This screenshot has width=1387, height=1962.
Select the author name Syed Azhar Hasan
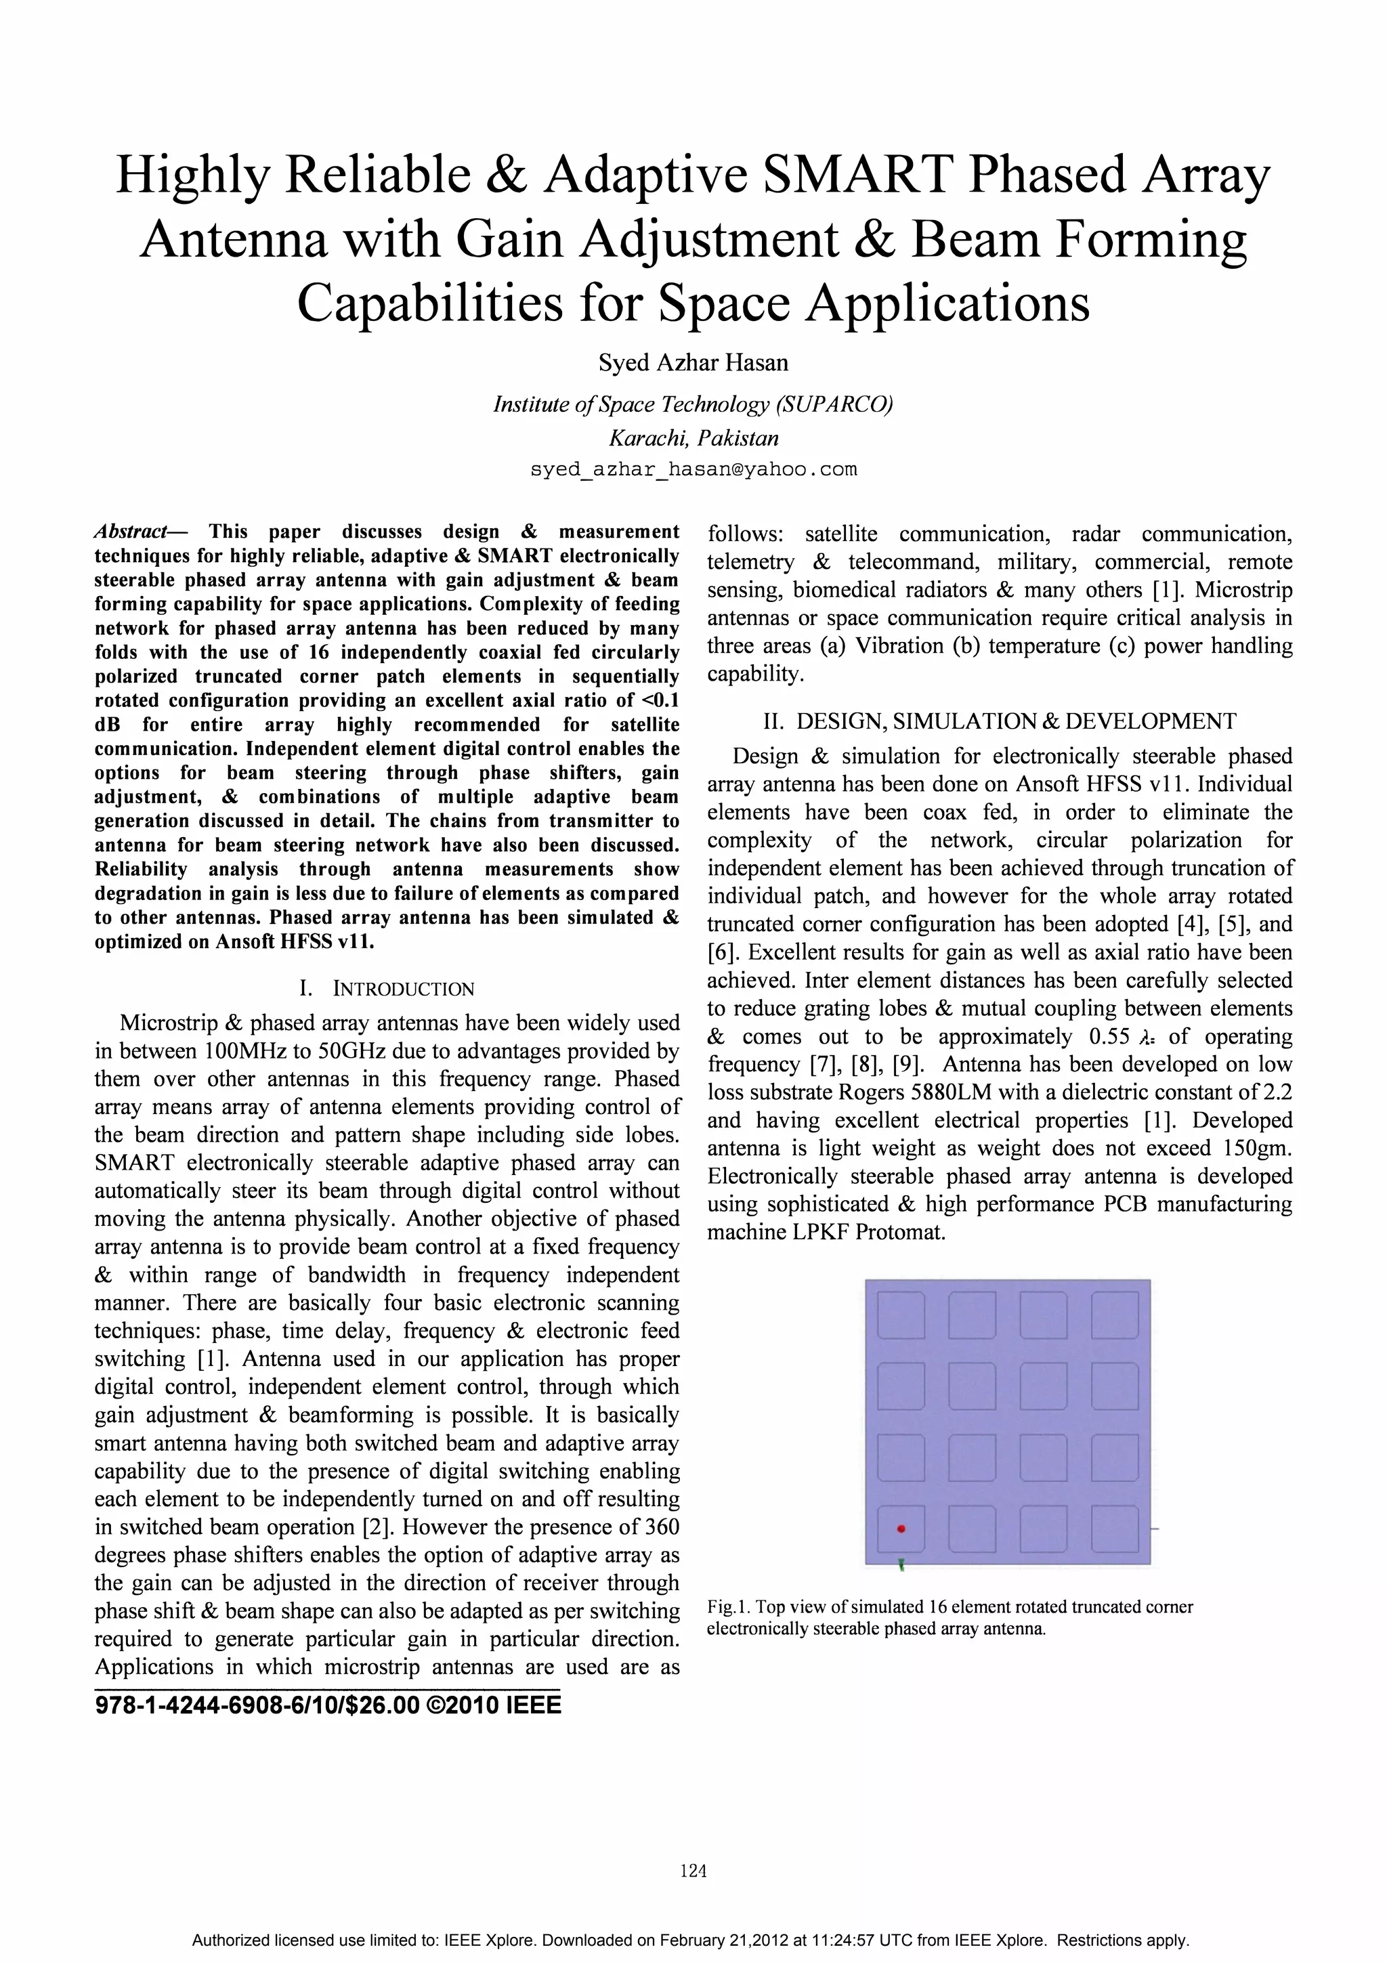[x=693, y=363]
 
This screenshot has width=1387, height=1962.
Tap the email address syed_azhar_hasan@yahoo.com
[x=693, y=470]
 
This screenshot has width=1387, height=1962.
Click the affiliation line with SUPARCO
[x=693, y=404]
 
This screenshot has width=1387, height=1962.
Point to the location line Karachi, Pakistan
[x=693, y=438]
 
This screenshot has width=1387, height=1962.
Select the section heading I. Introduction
[x=386, y=989]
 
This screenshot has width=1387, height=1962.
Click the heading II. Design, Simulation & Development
[x=999, y=721]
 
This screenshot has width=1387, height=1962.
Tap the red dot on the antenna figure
[x=901, y=1529]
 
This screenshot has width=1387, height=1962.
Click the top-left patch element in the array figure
[x=901, y=1315]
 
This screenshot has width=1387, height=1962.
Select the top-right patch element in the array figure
[x=1114, y=1315]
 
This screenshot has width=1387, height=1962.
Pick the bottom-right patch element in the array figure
[x=1114, y=1529]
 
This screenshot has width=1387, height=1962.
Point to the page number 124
[x=693, y=1871]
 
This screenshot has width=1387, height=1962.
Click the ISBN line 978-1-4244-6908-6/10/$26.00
[x=257, y=1705]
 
